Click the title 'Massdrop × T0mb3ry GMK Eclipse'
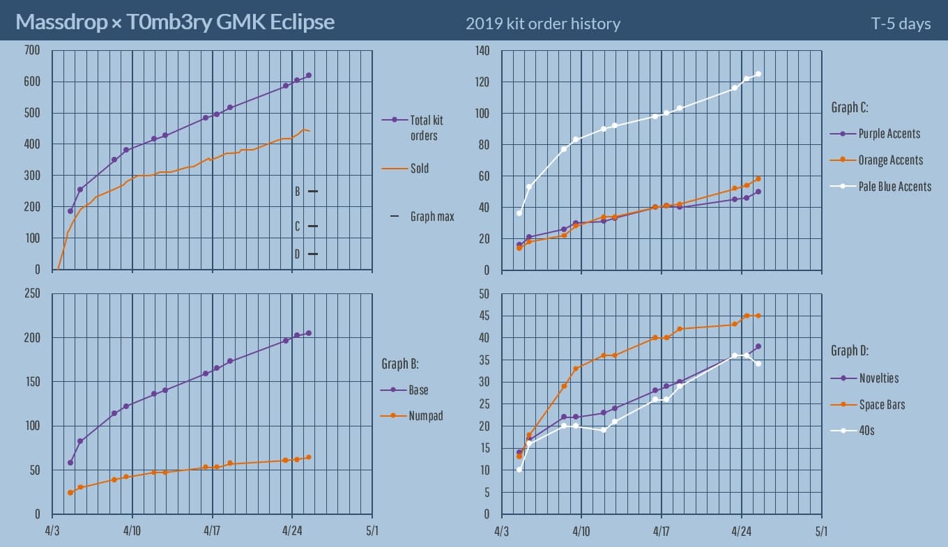point(175,22)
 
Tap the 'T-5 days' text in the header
point(901,24)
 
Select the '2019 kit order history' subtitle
point(543,24)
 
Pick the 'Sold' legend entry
point(419,168)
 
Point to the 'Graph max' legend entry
point(431,217)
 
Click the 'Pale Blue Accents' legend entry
point(894,186)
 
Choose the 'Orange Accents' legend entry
point(890,160)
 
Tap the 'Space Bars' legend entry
point(881,405)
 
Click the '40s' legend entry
point(866,431)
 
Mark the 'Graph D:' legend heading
point(850,350)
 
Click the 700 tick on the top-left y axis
point(32,50)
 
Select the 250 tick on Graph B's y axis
point(32,293)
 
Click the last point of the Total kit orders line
point(309,75)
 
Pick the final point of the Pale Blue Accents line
point(758,74)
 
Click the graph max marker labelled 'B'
point(312,191)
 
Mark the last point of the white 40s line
point(758,364)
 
